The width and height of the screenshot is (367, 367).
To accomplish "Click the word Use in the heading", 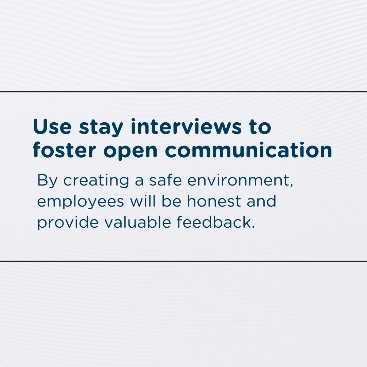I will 52,127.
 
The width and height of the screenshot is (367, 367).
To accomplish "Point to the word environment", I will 238,180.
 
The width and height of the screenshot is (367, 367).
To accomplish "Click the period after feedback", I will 253,227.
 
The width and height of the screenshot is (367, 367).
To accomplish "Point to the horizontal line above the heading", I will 183,91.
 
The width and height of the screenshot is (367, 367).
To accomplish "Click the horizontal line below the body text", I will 183,261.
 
